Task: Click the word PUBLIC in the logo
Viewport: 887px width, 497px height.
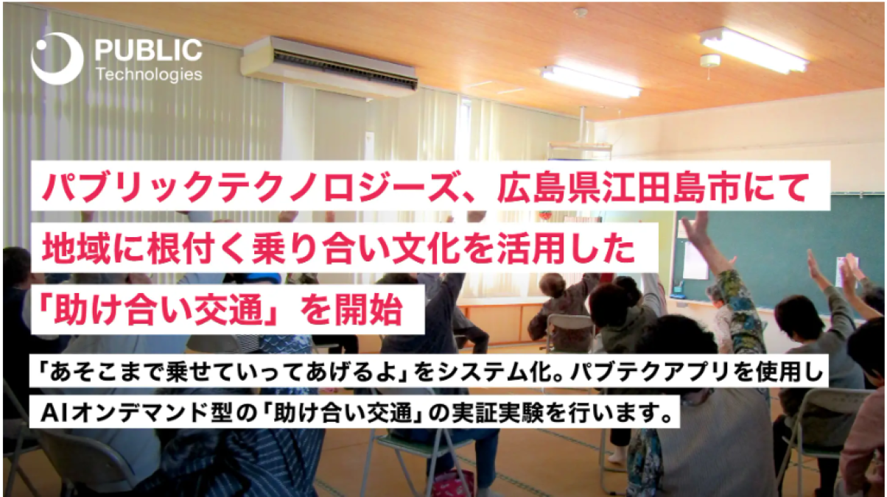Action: tap(149, 50)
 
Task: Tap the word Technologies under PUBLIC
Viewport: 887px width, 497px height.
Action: tap(149, 74)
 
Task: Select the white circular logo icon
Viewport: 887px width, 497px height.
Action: tap(57, 59)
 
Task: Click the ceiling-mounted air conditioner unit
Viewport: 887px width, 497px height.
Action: tap(329, 66)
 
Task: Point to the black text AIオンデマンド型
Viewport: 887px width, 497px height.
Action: tap(136, 413)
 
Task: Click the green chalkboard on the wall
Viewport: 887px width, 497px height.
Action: tap(776, 253)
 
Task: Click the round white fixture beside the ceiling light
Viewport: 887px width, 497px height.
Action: tap(710, 60)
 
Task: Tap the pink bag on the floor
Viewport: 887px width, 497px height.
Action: tap(452, 484)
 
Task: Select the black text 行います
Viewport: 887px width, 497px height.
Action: tap(621, 413)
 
